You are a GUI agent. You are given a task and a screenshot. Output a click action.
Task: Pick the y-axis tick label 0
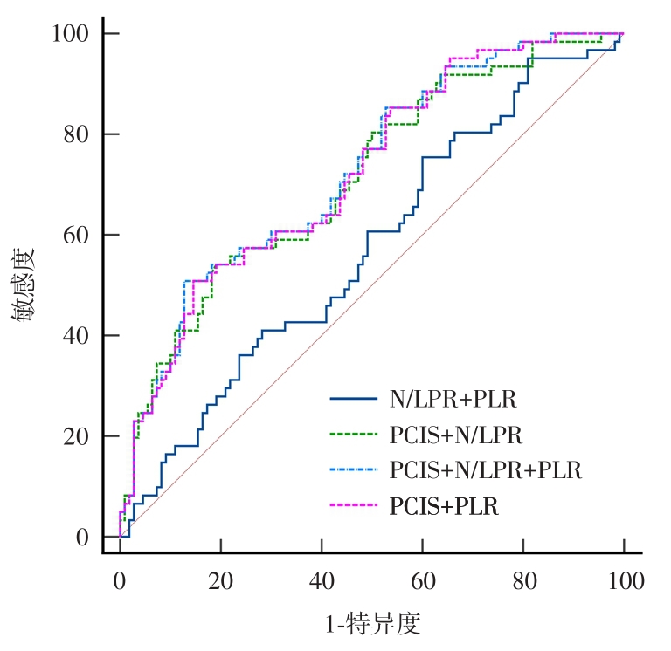pos(82,538)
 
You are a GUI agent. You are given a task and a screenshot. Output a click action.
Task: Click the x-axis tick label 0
pos(119,579)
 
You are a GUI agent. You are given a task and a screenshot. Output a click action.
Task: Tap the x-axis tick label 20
pos(220,579)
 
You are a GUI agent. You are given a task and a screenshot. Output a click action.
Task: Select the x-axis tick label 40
pos(321,579)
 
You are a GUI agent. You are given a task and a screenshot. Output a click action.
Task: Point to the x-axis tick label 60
pos(422,579)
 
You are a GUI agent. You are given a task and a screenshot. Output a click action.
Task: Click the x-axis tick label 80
pos(522,579)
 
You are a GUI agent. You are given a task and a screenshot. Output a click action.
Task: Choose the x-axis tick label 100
pos(623,579)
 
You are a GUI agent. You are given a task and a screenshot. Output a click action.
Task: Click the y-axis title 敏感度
pos(24,285)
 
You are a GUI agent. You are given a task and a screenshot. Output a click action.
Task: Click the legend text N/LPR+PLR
pos(453,400)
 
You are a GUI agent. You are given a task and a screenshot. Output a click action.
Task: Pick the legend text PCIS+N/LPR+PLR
pos(485,471)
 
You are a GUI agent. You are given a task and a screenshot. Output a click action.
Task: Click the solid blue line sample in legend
pos(354,400)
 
